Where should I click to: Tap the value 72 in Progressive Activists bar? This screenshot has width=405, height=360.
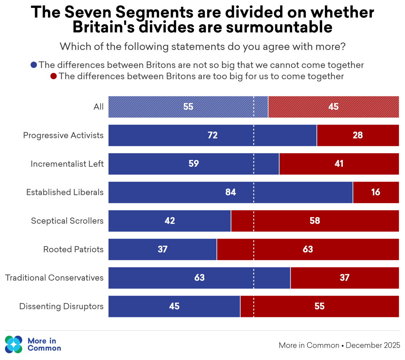(213, 135)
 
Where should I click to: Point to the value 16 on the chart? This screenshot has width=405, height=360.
(376, 192)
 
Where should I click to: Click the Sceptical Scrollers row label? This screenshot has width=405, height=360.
(67, 221)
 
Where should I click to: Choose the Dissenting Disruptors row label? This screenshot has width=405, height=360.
(61, 306)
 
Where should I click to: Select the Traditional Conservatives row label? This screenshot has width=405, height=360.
(54, 278)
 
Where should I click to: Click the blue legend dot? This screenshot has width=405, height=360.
(34, 65)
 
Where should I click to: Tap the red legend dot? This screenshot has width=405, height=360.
(54, 76)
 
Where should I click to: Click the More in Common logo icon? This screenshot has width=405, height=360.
(14, 344)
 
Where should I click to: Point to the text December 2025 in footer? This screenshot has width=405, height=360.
(373, 345)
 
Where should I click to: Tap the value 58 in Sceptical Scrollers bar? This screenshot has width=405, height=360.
(315, 221)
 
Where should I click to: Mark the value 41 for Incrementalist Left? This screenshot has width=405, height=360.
(339, 164)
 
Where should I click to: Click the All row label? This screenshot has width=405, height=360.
(98, 107)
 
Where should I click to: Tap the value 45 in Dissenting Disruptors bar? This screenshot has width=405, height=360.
(174, 306)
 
